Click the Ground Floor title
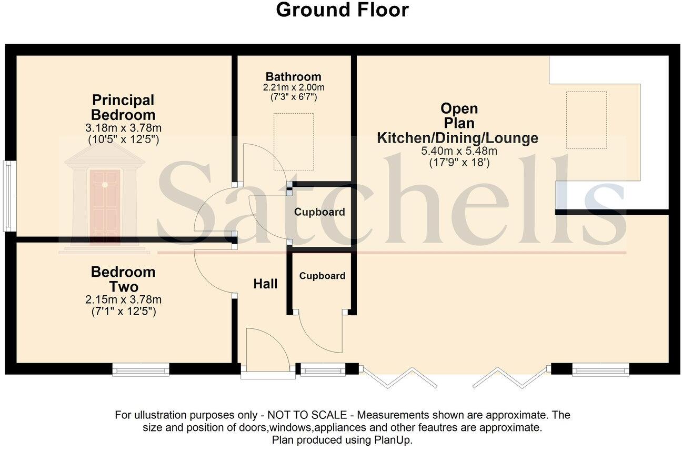pos(342,10)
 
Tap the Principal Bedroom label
pos(123,107)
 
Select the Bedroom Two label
pos(123,279)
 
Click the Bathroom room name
pos(293,76)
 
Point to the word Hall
pos(265,284)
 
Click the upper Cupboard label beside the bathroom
pos(319,213)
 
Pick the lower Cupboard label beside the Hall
pos(322,276)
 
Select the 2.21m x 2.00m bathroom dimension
pos(293,87)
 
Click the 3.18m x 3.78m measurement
pos(123,128)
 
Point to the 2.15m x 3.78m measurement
pos(123,300)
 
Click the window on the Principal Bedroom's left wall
pos(7,195)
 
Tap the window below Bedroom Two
pos(141,370)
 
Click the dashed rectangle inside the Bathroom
pos(293,141)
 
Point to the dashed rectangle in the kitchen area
pos(586,120)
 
